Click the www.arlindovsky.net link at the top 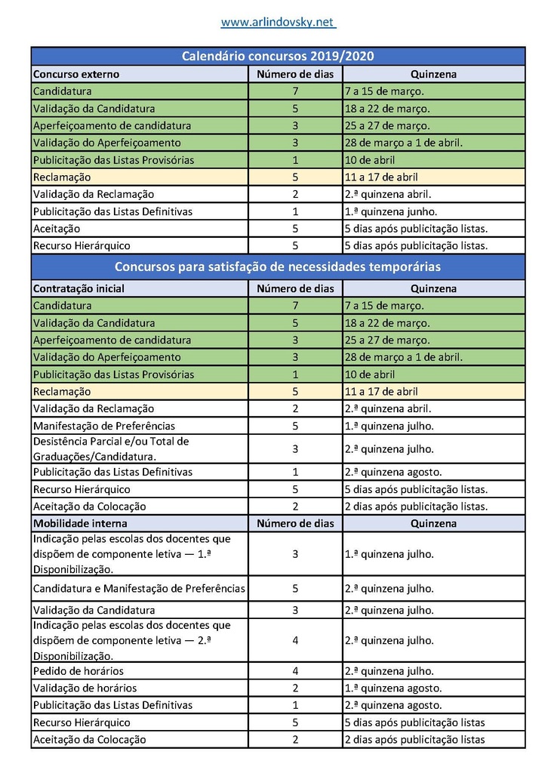click(x=278, y=23)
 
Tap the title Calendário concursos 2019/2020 click(x=278, y=57)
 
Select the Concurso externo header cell click(x=76, y=74)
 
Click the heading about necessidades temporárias click(x=278, y=267)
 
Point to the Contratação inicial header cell click(x=79, y=288)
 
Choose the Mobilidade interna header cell click(x=80, y=523)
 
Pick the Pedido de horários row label click(x=79, y=670)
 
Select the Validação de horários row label click(x=84, y=688)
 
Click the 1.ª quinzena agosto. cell click(x=393, y=688)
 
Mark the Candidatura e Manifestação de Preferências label click(x=139, y=588)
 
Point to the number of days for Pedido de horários click(x=295, y=670)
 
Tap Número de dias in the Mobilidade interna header click(x=295, y=523)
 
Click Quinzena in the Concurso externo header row click(x=433, y=74)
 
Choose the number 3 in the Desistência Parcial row click(x=295, y=448)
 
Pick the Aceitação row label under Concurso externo click(x=57, y=228)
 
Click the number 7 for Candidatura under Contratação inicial click(x=295, y=306)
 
